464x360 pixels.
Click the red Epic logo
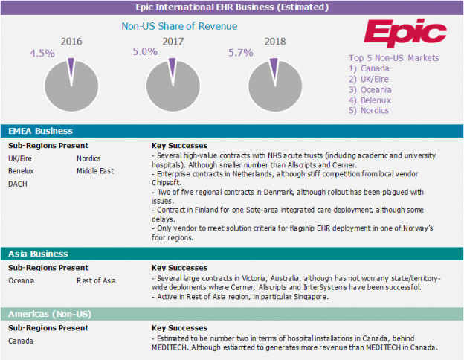(405, 33)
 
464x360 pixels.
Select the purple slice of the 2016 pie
(71, 66)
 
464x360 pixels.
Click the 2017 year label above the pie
(173, 42)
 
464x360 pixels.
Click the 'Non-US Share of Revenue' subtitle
(179, 26)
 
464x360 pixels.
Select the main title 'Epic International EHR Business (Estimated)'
(231, 7)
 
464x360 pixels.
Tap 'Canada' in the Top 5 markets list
(374, 68)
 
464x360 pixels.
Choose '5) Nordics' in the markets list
(369, 110)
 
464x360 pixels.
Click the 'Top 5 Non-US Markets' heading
(393, 58)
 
